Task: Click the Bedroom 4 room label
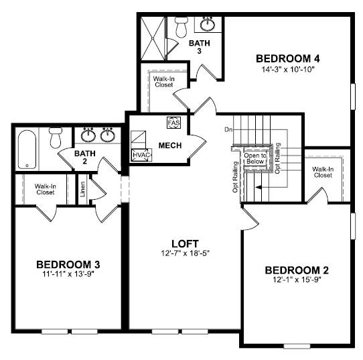[288, 58]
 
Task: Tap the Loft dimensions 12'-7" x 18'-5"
[186, 253]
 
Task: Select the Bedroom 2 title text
[297, 270]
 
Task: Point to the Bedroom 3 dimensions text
[68, 274]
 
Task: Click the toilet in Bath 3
[181, 27]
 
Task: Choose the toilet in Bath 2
[56, 137]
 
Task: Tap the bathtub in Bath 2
[27, 149]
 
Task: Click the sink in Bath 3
[208, 24]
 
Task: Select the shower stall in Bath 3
[153, 38]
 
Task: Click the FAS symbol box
[173, 123]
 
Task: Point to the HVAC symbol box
[141, 155]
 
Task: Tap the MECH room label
[170, 145]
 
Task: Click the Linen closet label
[82, 189]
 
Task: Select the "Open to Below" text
[255, 158]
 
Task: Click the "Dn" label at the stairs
[228, 129]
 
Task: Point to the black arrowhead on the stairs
[259, 187]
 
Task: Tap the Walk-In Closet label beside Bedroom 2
[323, 172]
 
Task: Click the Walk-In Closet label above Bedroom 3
[46, 189]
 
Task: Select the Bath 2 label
[85, 157]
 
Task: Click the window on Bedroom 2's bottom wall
[297, 347]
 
